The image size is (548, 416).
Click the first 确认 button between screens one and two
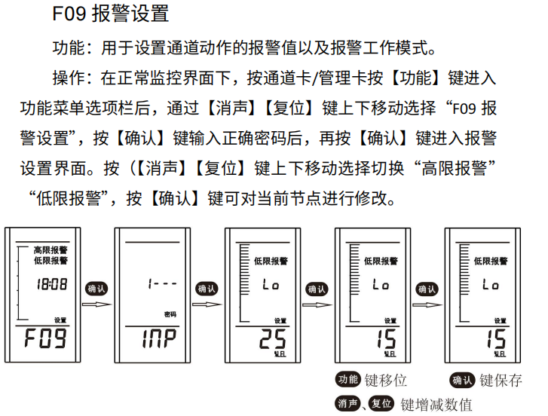[96, 289]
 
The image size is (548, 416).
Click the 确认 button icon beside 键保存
[463, 380]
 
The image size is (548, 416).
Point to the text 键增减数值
[436, 405]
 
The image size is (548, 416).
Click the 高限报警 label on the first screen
[51, 250]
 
